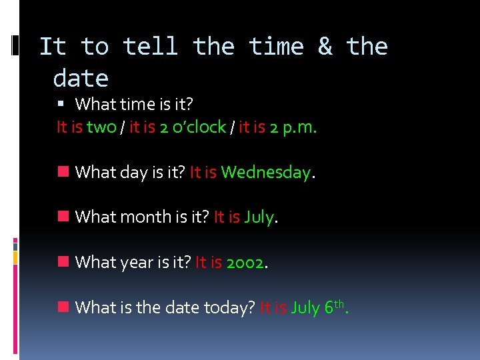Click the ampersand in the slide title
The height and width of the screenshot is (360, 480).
coord(325,47)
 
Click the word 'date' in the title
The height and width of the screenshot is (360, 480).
coord(81,79)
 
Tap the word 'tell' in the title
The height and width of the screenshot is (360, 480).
coord(151,47)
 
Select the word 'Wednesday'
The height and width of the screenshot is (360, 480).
coord(265,173)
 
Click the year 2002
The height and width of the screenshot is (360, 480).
coord(245,263)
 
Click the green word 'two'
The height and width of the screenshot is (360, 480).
coord(101,127)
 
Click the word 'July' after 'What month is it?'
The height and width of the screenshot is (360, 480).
coord(259,218)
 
